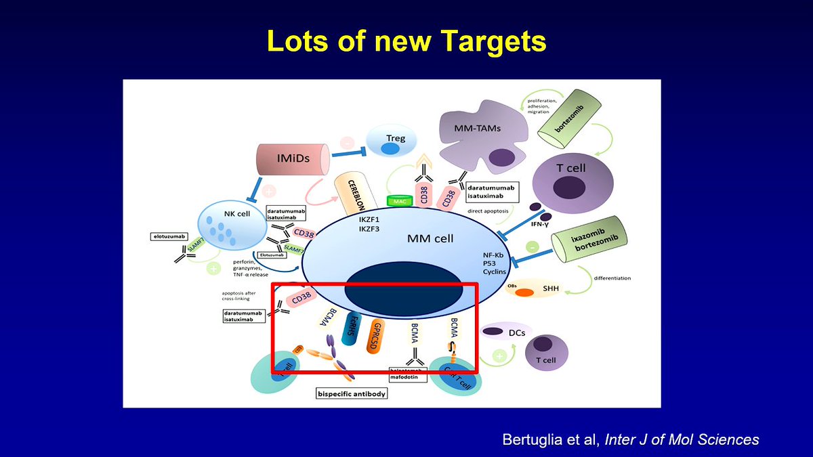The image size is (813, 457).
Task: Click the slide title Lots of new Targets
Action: [x=406, y=41]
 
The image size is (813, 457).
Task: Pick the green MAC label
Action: [x=399, y=201]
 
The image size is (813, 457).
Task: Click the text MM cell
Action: [x=430, y=238]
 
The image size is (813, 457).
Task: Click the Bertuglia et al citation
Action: [x=630, y=439]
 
